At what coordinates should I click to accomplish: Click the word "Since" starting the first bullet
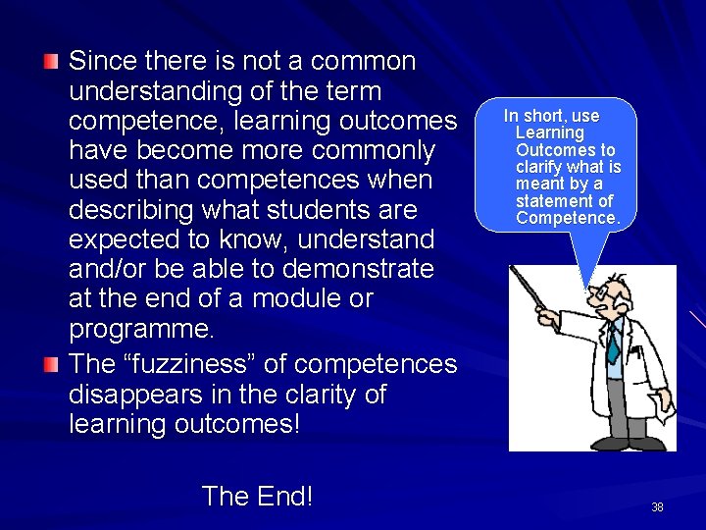(103, 62)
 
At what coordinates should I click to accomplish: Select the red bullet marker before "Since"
(51, 62)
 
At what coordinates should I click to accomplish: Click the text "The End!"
(257, 497)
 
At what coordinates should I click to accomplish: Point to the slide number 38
(657, 507)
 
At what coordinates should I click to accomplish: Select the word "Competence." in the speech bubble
(568, 218)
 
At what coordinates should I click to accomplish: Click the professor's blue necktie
(613, 344)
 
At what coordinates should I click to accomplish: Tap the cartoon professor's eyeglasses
(600, 293)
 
